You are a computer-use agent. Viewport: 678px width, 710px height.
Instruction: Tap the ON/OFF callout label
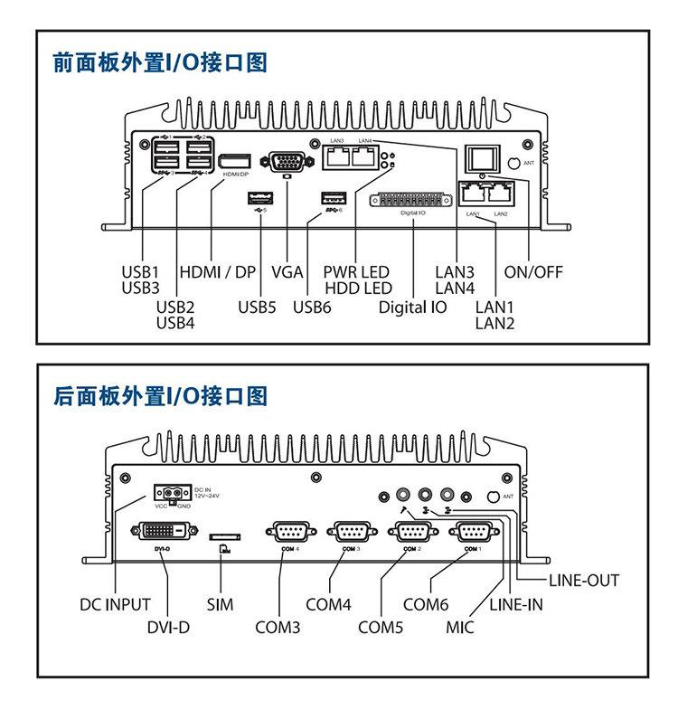coord(533,271)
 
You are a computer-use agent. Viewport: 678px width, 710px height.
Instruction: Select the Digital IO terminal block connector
coord(412,201)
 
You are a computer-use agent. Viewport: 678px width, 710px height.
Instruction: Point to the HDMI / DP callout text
coord(219,271)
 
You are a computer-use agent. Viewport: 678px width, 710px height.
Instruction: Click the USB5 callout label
coord(257,307)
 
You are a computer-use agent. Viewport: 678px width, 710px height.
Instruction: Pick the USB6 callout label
coord(312,307)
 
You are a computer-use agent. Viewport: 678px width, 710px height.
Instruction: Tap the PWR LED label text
coord(356,271)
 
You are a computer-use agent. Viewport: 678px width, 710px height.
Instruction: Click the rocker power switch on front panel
coord(485,159)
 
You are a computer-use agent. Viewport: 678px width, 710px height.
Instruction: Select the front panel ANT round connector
coord(515,162)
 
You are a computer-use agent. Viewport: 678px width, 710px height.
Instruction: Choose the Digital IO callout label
coord(412,307)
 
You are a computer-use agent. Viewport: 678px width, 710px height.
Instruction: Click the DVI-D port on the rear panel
coord(164,531)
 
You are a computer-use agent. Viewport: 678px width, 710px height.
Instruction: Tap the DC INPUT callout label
coord(115,604)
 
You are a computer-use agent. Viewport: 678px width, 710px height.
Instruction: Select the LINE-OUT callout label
coord(584,580)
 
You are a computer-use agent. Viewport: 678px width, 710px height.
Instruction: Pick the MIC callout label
coord(460,626)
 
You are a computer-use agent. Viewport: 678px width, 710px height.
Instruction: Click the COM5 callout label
coord(381,626)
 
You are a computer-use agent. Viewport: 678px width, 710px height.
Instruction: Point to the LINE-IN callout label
coord(516,604)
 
